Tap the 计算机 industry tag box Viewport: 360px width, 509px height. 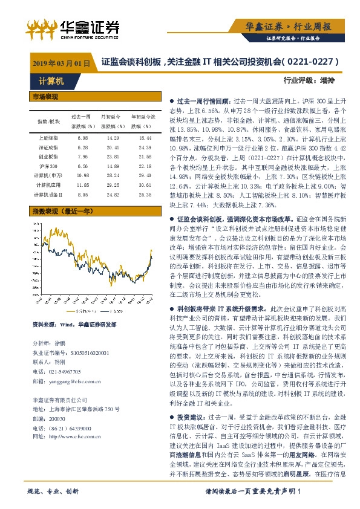tap(43, 80)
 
